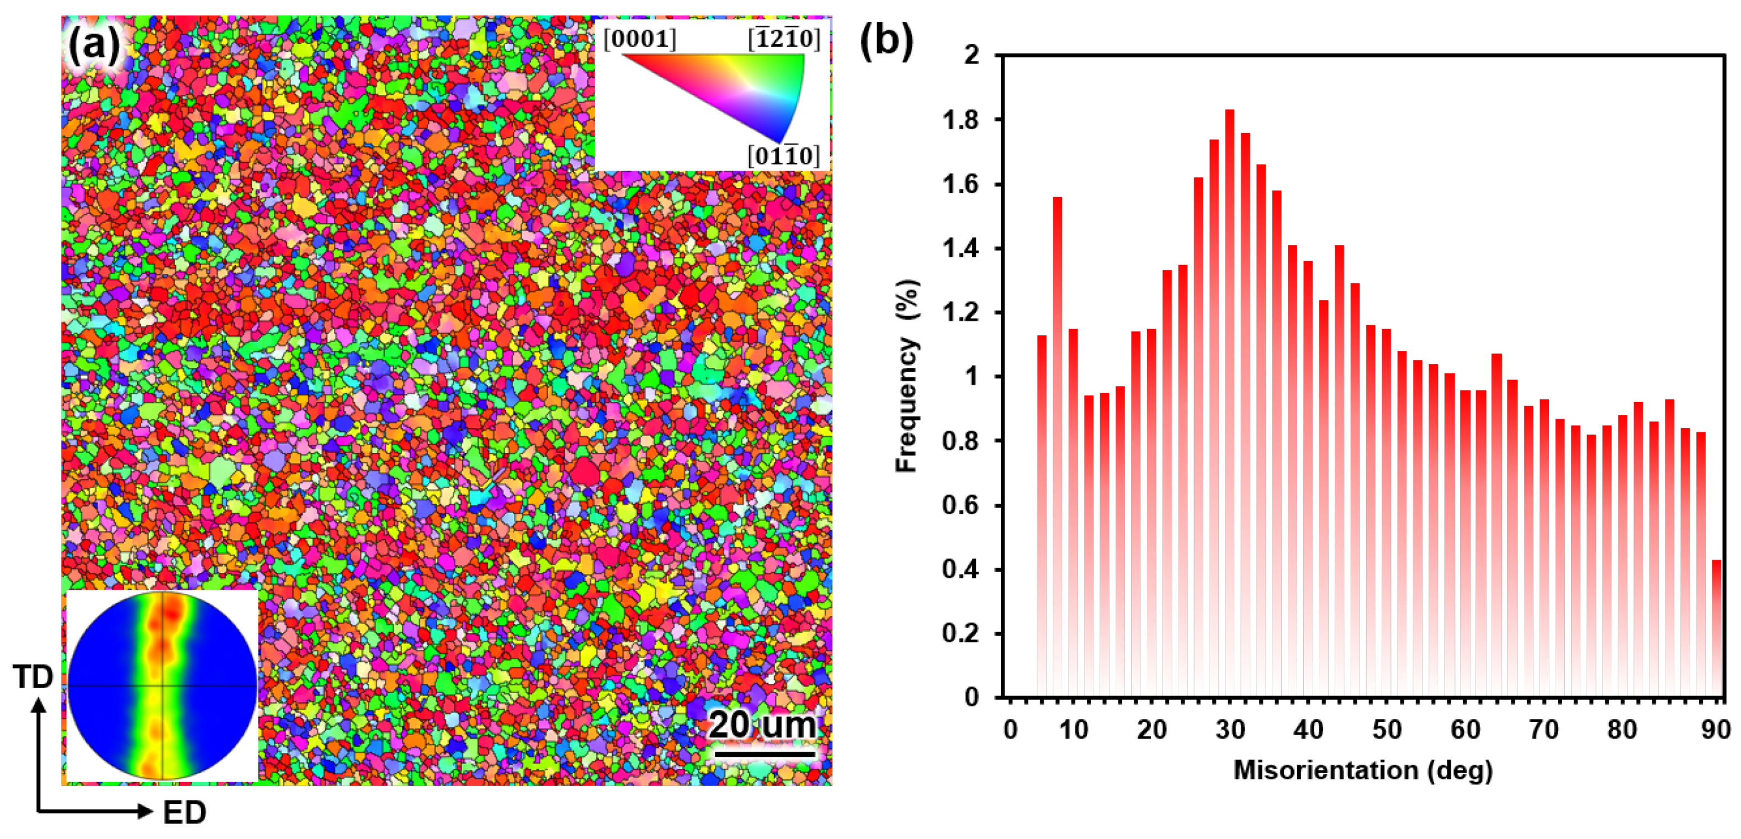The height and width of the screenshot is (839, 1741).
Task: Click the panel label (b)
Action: point(887,40)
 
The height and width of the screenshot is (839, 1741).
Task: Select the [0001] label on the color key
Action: point(639,39)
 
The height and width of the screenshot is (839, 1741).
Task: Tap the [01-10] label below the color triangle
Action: point(783,156)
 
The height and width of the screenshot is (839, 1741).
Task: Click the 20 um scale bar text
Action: point(762,725)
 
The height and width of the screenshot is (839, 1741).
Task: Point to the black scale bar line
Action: point(765,753)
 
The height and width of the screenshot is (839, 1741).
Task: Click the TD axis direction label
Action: point(33,677)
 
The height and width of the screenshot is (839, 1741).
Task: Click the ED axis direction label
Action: point(184,813)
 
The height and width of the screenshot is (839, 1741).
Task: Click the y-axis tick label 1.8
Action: point(960,120)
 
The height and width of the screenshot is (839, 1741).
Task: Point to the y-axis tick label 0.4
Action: point(960,569)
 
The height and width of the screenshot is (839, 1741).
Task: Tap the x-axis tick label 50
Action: point(1387,730)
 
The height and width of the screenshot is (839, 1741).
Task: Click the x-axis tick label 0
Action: point(1010,730)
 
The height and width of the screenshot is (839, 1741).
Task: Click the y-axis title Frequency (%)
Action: point(907,376)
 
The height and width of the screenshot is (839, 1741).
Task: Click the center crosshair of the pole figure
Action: point(163,685)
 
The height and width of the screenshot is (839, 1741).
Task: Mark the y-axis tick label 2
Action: point(971,55)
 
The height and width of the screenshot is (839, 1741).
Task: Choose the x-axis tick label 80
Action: point(1622,730)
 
